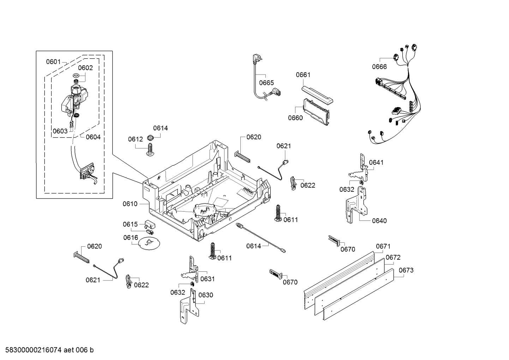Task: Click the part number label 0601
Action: [x=53, y=62]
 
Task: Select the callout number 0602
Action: [x=85, y=68]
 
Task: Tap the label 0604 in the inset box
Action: [x=93, y=137]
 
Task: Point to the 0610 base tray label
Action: [x=130, y=204]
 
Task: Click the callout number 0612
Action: [x=135, y=140]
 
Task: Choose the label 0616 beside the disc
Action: [x=131, y=238]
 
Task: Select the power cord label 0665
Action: [x=266, y=83]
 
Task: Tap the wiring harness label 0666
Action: [x=379, y=67]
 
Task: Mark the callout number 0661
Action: [x=303, y=75]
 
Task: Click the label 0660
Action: [x=295, y=118]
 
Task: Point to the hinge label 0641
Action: [x=376, y=163]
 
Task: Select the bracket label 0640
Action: [x=379, y=221]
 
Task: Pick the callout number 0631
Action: [x=207, y=279]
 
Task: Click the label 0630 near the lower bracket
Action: [x=205, y=295]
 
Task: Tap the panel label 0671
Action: [x=383, y=246]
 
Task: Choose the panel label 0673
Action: [x=406, y=270]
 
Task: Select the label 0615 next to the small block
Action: [x=130, y=224]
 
